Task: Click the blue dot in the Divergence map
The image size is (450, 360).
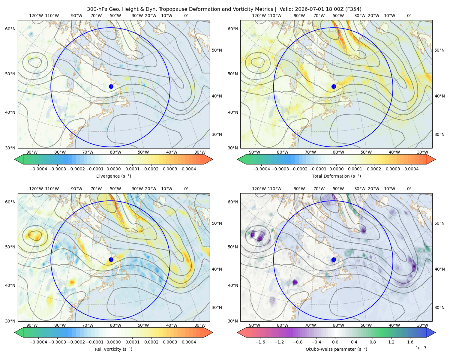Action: [x=111, y=86]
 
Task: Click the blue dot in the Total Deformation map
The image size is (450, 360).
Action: [x=334, y=86]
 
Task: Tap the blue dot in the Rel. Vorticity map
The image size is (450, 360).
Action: [x=111, y=259]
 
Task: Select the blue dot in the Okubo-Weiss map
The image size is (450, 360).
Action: [x=334, y=259]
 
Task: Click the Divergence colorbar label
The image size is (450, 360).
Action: [x=113, y=176]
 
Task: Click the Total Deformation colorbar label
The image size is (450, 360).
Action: [x=336, y=176]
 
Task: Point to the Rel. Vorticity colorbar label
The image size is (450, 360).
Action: [x=113, y=349]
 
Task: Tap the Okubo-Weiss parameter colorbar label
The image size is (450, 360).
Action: [x=336, y=349]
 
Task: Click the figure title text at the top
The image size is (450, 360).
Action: [x=224, y=9]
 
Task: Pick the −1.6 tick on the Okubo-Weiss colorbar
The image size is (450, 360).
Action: [x=260, y=342]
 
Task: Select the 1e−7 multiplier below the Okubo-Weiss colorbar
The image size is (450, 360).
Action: [x=421, y=348]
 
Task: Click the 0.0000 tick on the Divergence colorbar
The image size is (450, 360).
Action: [x=113, y=169]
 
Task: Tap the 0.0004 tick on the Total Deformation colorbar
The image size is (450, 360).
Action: [x=412, y=169]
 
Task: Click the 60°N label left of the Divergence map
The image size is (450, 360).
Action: [x=10, y=29]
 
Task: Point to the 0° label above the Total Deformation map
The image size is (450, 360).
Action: [x=409, y=16]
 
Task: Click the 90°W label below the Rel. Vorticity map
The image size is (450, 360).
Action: [x=32, y=325]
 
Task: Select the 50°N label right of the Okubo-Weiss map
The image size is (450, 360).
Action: [x=439, y=223]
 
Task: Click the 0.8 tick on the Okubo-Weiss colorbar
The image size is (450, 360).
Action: [x=373, y=342]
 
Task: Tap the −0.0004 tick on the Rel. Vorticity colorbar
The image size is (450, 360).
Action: [x=38, y=342]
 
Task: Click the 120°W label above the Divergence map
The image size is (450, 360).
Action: [x=36, y=16]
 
